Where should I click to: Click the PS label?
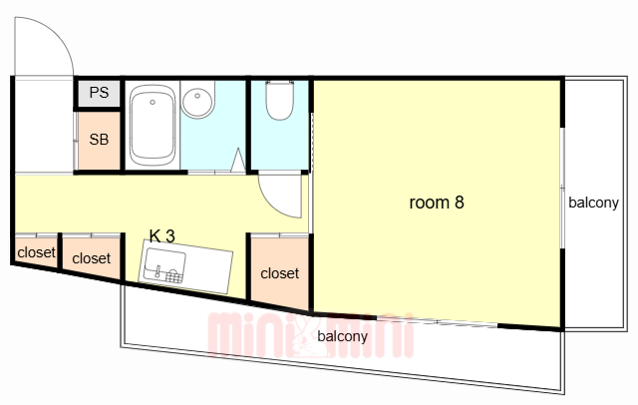[x=100, y=93]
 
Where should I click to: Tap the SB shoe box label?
[x=99, y=140]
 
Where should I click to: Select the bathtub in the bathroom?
[x=153, y=126]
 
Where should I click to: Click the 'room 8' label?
[x=437, y=202]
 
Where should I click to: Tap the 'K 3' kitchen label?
[x=161, y=236]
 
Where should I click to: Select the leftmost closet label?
[x=36, y=252]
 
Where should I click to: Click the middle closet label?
[x=91, y=258]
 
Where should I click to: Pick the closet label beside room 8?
[x=279, y=273]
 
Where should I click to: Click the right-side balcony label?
[x=593, y=202]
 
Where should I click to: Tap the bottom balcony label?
[x=342, y=336]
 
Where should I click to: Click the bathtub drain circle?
[x=153, y=102]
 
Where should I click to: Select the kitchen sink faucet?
[x=158, y=270]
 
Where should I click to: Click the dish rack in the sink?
[x=174, y=276]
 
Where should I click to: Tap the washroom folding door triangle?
[x=238, y=160]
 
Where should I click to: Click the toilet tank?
[x=279, y=84]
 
